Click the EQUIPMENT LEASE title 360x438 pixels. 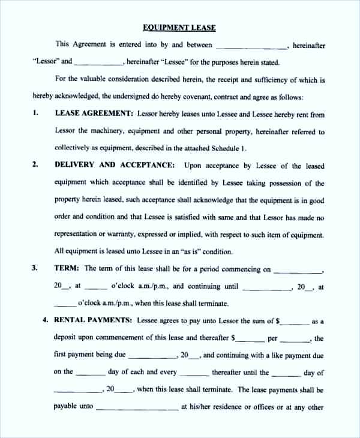pos(179,28)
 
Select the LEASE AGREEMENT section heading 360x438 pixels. pos(94,113)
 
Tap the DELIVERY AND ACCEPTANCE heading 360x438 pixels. pos(115,165)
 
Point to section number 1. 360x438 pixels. pos(35,113)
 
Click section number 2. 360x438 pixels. pos(35,165)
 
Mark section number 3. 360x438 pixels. pos(35,269)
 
